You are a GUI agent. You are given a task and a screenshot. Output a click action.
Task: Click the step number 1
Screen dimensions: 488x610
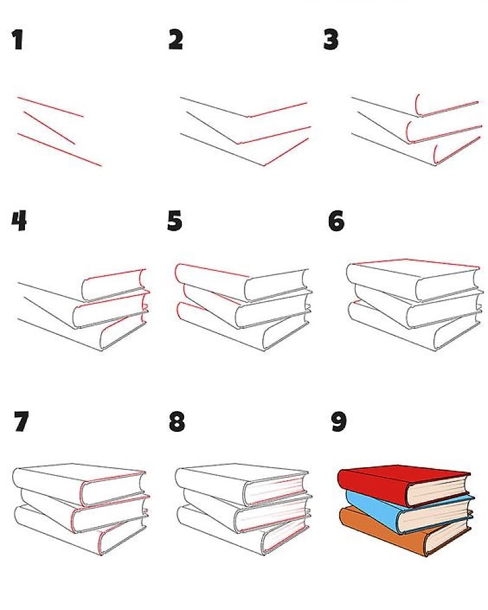(x=18, y=40)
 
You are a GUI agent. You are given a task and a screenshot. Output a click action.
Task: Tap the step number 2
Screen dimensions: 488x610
(x=176, y=40)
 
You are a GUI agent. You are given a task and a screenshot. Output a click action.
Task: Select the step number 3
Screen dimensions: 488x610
(x=331, y=40)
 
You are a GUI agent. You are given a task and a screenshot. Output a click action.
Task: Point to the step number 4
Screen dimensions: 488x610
(x=19, y=221)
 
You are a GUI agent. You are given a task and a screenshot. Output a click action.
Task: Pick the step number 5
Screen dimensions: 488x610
(x=174, y=221)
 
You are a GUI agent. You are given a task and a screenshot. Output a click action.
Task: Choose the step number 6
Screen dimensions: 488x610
(x=336, y=221)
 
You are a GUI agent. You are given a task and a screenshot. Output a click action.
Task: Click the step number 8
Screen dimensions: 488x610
(x=177, y=422)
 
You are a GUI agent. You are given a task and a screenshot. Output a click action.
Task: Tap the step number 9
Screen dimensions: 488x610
(x=339, y=422)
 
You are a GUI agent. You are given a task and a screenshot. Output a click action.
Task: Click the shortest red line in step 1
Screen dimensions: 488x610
(x=49, y=128)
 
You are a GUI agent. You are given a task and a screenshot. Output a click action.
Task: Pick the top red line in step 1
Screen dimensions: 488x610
(x=50, y=107)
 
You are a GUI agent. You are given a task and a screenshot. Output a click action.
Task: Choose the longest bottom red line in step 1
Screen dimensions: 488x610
(x=59, y=149)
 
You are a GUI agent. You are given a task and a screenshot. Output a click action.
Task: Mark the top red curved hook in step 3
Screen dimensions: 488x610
(x=418, y=106)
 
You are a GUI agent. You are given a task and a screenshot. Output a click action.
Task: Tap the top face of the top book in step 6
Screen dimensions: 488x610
(x=412, y=268)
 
